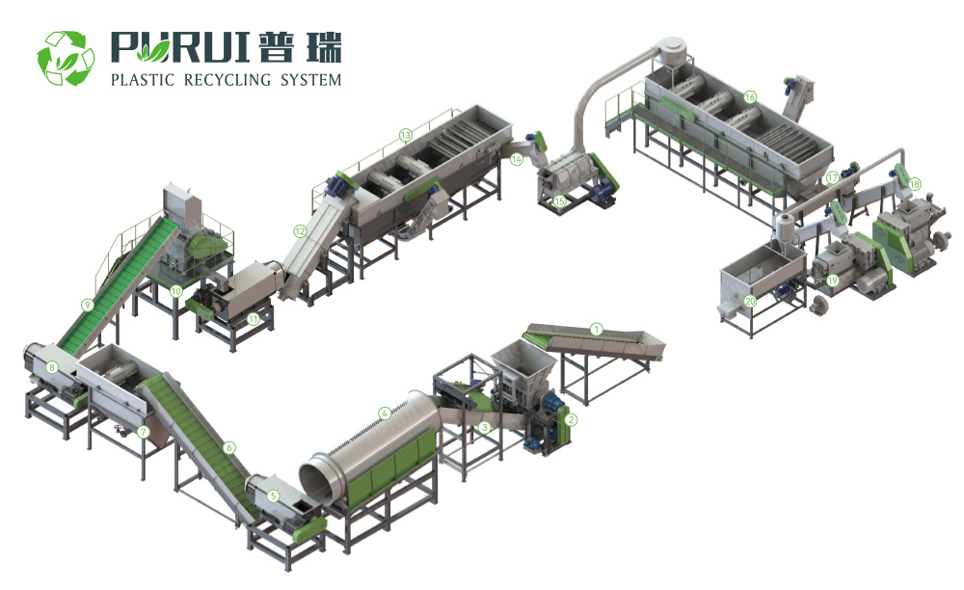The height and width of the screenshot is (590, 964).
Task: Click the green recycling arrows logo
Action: (66, 58)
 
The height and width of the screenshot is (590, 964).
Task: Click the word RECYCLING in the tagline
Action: (228, 80)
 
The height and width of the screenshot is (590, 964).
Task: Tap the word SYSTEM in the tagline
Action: (310, 80)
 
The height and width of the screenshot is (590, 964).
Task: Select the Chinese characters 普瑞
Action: (300, 46)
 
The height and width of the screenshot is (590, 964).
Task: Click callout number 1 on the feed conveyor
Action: (595, 329)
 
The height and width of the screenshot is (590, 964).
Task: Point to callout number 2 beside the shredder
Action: (571, 419)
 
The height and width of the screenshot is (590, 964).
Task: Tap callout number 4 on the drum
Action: (385, 413)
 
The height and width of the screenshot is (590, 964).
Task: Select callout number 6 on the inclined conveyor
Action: (229, 447)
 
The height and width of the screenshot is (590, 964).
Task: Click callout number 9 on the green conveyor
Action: (88, 305)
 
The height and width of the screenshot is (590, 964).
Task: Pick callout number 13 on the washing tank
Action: (405, 135)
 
